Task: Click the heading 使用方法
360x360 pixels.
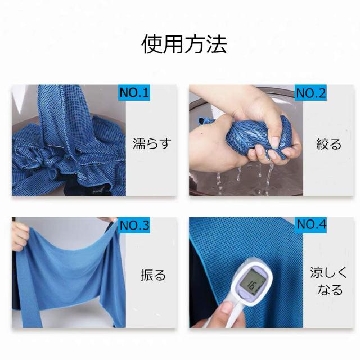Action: (184, 44)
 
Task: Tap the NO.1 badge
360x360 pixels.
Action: (134, 92)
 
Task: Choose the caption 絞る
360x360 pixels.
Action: (329, 143)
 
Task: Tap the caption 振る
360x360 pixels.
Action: (153, 276)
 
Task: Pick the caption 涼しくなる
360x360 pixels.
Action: (326, 281)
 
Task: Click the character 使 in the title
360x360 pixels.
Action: (151, 44)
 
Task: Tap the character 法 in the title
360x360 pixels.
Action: (217, 44)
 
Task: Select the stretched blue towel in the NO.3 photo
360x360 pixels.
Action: (67, 270)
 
